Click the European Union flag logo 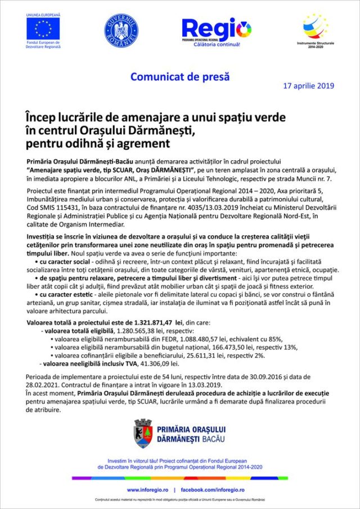pos(43,28)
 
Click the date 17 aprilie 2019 pos(308,86)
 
